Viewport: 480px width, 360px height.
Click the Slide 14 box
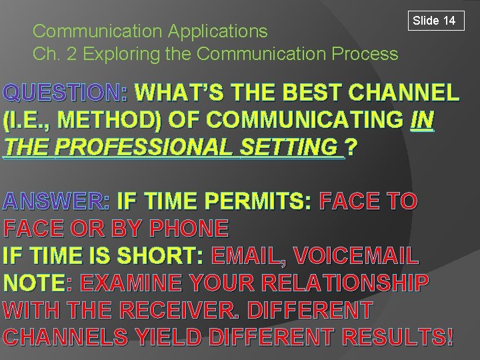point(434,21)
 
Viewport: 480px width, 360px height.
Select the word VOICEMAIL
point(356,255)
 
